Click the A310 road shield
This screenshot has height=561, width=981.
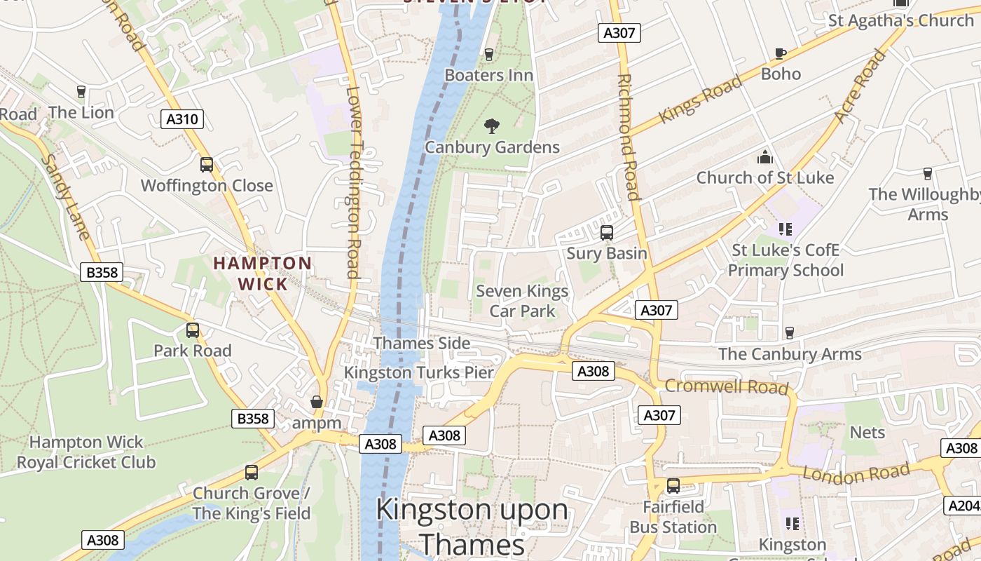pos(181,119)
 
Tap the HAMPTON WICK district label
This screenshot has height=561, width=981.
pos(263,273)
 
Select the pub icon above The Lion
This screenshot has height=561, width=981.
pos(81,92)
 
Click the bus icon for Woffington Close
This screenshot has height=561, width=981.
pos(207,165)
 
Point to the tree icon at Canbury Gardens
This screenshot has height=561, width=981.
pos(492,126)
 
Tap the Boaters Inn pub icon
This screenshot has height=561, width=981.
pos(489,55)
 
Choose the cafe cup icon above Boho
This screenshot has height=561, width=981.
pos(781,53)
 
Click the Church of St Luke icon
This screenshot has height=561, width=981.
pos(764,157)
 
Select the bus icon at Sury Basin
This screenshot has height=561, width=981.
pos(607,233)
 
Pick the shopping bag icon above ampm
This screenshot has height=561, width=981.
pos(317,403)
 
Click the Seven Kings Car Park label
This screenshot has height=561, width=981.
pos(522,301)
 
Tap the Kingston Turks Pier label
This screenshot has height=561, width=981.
pos(419,373)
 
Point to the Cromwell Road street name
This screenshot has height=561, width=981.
pos(726,386)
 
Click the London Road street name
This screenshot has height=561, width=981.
pos(856,473)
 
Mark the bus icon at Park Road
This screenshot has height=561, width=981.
pos(193,330)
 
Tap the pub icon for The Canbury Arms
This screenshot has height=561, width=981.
pos(790,333)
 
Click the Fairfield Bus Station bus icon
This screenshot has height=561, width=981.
pos(673,486)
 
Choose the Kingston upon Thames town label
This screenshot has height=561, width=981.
pos(472,526)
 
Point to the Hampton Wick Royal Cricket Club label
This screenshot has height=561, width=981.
pos(86,452)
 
